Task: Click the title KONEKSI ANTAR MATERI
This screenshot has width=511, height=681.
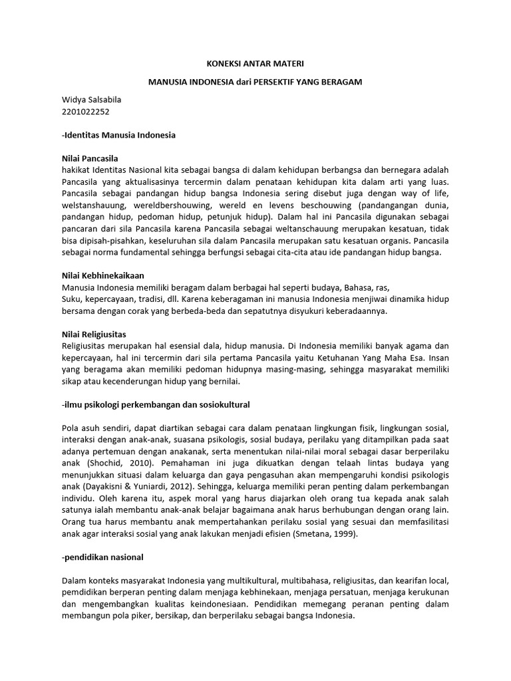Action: pyautogui.click(x=255, y=64)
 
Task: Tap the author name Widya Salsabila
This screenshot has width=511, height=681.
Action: pyautogui.click(x=91, y=100)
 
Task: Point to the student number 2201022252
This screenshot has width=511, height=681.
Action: pyautogui.click(x=85, y=112)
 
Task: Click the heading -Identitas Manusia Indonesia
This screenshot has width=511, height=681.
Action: pyautogui.click(x=118, y=135)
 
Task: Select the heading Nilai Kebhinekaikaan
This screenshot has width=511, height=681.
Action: pyautogui.click(x=102, y=275)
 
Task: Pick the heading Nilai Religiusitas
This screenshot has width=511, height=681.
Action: pyautogui.click(x=94, y=333)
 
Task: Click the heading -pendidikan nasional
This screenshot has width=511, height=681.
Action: pyautogui.click(x=102, y=555)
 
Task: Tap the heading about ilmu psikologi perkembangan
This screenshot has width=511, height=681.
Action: pyautogui.click(x=155, y=404)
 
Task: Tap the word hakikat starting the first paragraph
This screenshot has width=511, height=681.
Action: pyautogui.click(x=75, y=170)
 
